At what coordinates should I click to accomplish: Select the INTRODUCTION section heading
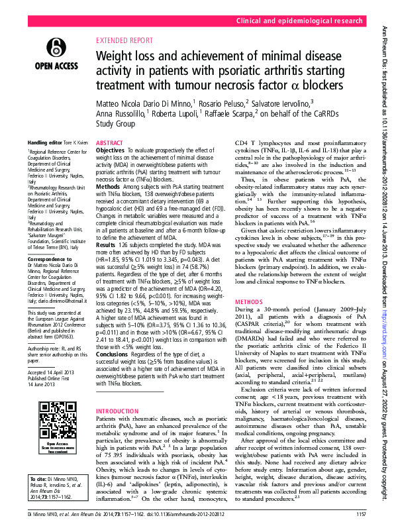coord(118,393)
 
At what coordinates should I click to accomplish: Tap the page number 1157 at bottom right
coord(361,514)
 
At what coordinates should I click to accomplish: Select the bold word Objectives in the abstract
coord(110,151)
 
